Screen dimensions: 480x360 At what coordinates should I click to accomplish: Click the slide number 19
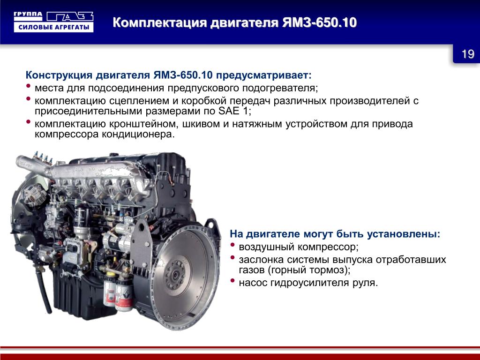click(x=468, y=54)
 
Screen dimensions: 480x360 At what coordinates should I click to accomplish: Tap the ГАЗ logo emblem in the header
click(x=70, y=16)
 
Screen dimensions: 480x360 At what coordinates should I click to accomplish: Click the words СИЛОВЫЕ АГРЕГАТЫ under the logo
click(x=53, y=27)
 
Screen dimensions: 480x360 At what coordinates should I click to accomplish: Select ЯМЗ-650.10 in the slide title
click(x=319, y=22)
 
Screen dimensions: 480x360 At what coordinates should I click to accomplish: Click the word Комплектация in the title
click(x=159, y=23)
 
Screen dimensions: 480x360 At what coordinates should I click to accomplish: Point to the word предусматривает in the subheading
click(x=263, y=75)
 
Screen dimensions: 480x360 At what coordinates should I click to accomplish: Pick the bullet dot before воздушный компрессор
click(x=232, y=245)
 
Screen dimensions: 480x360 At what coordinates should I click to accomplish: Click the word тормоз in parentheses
click(x=329, y=270)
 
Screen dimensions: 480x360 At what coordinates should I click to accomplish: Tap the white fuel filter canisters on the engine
click(x=118, y=292)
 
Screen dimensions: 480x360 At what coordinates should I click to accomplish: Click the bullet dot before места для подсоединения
click(x=29, y=86)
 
